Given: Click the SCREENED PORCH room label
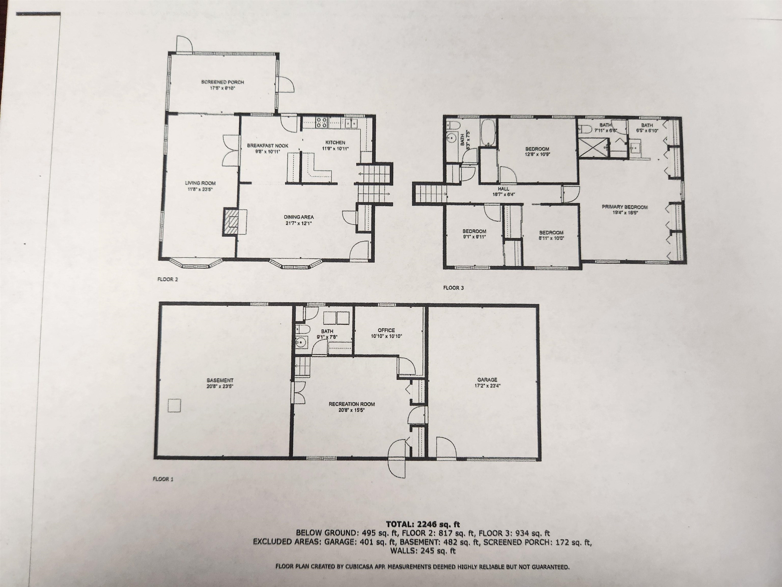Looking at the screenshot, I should point(222,82).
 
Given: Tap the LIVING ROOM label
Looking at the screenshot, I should point(200,183).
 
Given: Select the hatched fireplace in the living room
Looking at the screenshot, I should point(233,221).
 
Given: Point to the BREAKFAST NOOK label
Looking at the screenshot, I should point(268,145).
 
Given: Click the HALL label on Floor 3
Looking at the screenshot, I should point(503,189).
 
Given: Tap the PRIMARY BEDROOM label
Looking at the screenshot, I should point(625,207).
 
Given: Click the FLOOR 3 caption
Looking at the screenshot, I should point(453,288).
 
